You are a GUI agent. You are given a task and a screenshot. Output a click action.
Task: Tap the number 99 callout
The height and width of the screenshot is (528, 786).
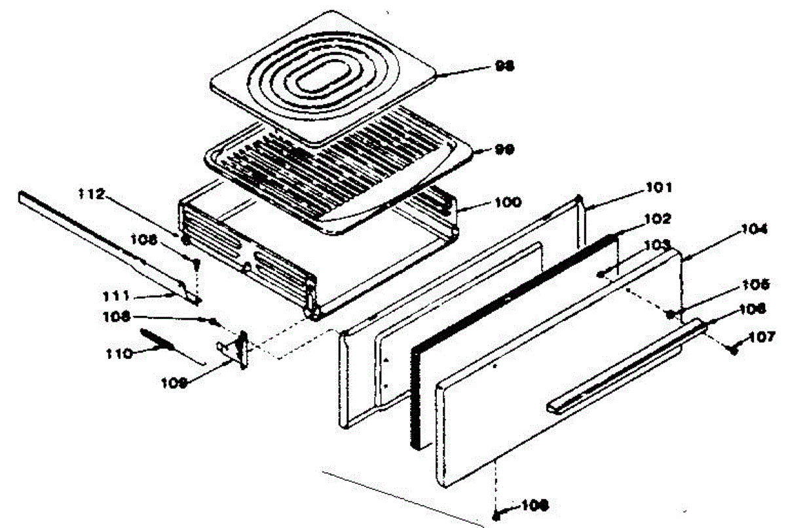[x=504, y=149]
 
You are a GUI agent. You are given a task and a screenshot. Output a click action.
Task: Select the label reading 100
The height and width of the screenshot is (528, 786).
[x=508, y=202]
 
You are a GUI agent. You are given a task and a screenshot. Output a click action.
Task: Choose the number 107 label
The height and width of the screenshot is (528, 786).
[x=762, y=337]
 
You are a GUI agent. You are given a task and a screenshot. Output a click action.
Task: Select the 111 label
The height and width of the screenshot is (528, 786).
[x=117, y=295]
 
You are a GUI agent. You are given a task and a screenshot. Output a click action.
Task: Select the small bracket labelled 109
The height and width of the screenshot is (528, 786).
[x=237, y=349]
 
